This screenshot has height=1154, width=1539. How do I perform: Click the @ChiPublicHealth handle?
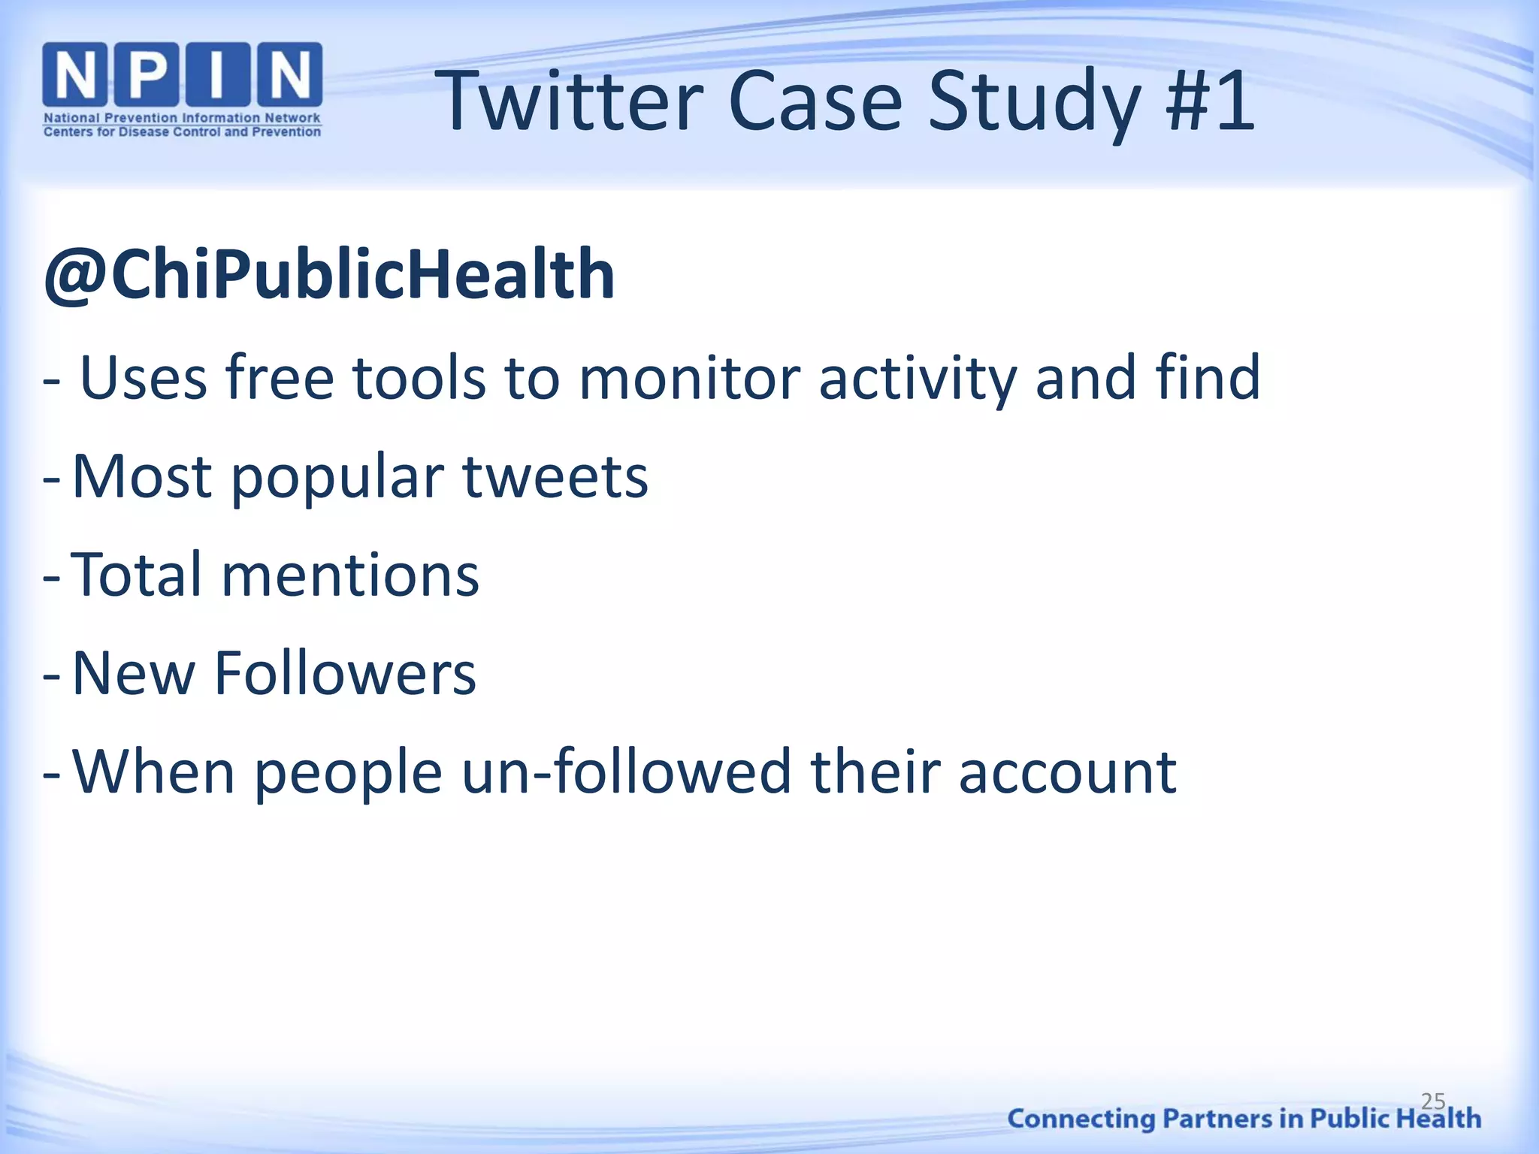(x=329, y=275)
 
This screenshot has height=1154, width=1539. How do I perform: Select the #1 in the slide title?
(x=1209, y=102)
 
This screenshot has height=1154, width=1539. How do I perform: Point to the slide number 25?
(x=1433, y=1101)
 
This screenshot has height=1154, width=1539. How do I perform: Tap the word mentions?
(x=349, y=575)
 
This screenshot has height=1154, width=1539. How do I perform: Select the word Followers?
(x=345, y=674)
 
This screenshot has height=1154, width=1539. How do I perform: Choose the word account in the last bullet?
(x=1067, y=772)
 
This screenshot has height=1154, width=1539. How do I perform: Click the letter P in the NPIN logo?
(x=148, y=75)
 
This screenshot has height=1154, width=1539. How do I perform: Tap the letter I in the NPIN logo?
(x=216, y=75)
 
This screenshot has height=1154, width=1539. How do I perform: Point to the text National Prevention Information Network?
(x=182, y=118)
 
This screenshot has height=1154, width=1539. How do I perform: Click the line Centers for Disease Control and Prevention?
(x=182, y=132)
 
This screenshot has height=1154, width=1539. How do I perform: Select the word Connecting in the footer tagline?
(x=1081, y=1119)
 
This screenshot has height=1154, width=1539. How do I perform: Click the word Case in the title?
(x=815, y=102)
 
